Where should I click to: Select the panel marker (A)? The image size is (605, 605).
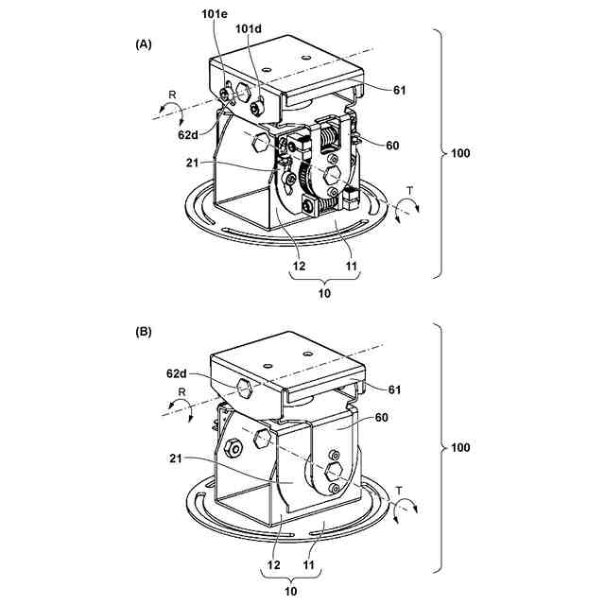coord(144,44)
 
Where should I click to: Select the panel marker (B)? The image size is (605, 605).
coord(144,333)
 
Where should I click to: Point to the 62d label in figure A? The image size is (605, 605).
coord(187,134)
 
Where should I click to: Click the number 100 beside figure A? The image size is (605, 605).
coord(462,153)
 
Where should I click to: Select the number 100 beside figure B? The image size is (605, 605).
coord(462,446)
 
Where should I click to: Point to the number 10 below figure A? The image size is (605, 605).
coord(323,293)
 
